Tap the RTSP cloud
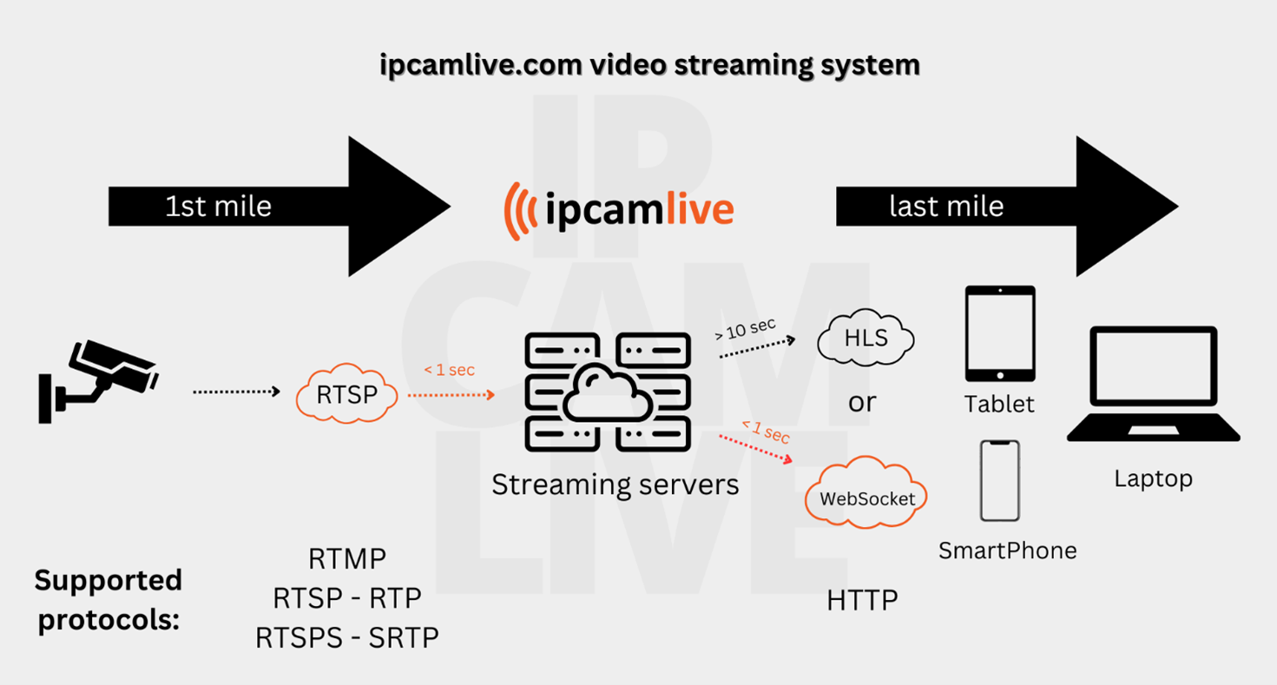click(x=347, y=395)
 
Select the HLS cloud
click(x=866, y=338)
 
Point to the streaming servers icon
click(x=607, y=392)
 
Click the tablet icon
click(x=1000, y=333)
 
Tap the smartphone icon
click(x=1000, y=480)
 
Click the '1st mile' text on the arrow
click(x=219, y=207)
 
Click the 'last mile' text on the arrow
click(x=946, y=207)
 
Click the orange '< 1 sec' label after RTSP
click(x=449, y=371)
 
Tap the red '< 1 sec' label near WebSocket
click(x=765, y=431)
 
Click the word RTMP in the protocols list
click(x=346, y=559)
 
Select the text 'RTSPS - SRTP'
click(x=346, y=638)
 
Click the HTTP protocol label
click(x=862, y=600)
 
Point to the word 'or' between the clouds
click(x=862, y=402)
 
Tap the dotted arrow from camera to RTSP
click(x=236, y=392)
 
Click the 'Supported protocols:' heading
click(x=108, y=600)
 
